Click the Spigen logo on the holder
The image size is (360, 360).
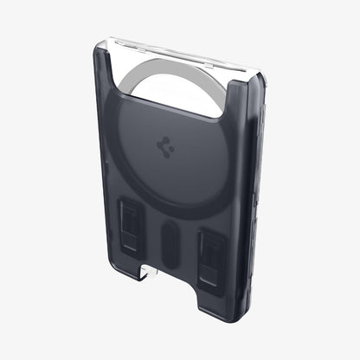click(166, 147)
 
